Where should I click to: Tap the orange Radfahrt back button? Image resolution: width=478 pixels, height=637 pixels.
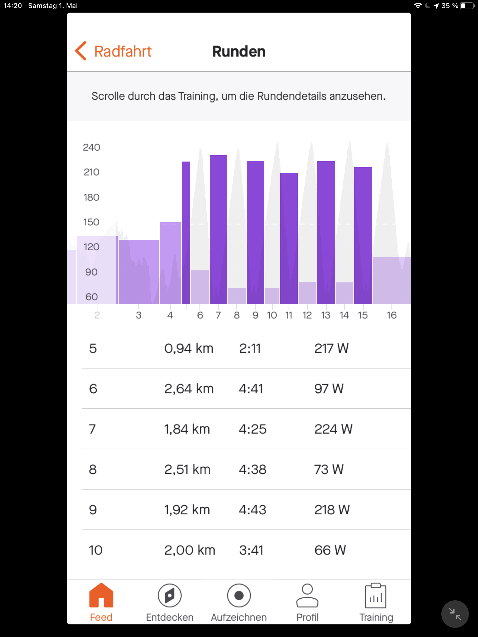[x=113, y=51]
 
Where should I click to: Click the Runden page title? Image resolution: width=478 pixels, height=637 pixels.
[x=238, y=52]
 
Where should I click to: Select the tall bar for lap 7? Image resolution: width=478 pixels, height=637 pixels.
[x=218, y=229]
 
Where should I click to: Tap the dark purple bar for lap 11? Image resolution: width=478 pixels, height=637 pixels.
[x=289, y=238]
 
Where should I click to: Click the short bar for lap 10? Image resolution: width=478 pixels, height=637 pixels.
[x=272, y=296]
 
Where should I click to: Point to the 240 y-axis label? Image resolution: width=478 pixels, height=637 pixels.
[x=91, y=148]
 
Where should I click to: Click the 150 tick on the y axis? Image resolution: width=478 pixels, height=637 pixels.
[x=91, y=222]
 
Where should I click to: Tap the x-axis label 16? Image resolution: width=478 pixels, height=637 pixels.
[x=391, y=315]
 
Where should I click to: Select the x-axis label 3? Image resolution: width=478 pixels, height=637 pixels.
[x=139, y=315]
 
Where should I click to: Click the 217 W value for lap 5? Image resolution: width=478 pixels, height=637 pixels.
[x=331, y=349]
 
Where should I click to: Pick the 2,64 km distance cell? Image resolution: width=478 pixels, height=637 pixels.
[x=189, y=389]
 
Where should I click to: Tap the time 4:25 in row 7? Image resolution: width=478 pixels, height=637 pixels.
[x=252, y=429]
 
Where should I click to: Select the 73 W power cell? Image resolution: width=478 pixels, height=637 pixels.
[x=329, y=469]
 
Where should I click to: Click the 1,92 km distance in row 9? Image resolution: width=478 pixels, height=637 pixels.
[x=187, y=510]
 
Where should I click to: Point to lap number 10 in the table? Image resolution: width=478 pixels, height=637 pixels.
[x=95, y=550]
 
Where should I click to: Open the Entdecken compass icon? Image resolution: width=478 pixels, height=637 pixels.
[x=169, y=595]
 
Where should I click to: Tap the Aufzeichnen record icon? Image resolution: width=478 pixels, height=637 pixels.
[x=238, y=595]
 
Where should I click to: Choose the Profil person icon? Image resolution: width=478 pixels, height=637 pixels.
[x=307, y=595]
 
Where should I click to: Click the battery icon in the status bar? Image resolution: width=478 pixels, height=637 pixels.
[x=467, y=6]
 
